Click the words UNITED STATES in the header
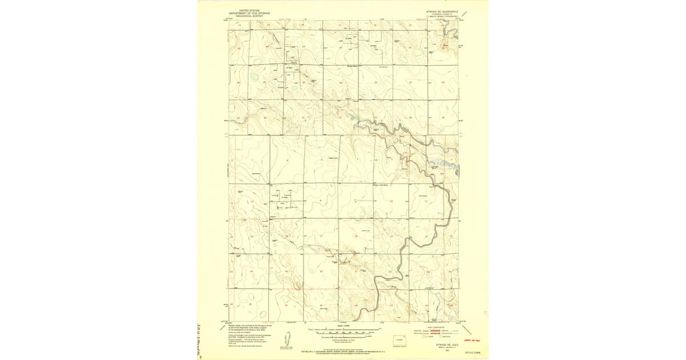tap(249, 10)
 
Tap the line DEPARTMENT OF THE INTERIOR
tap(249, 13)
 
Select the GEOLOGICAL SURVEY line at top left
tap(249, 15)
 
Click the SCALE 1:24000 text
tap(343, 326)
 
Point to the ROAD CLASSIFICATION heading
tap(442, 327)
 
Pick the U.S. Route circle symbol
tap(425, 338)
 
